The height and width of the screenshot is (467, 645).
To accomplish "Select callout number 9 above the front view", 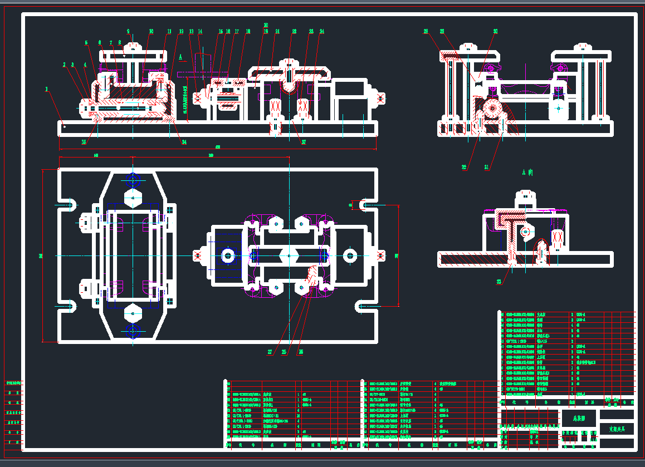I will [129, 32].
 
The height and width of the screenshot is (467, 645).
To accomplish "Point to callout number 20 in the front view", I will [266, 26].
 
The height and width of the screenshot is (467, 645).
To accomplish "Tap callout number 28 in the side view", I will [442, 32].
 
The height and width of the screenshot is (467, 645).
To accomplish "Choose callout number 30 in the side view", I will [495, 32].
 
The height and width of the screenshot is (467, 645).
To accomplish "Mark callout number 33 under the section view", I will [499, 282].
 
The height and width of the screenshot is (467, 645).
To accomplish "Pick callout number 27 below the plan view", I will [270, 352].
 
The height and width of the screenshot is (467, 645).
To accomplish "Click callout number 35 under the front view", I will [84, 142].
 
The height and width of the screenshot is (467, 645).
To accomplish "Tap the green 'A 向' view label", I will [527, 173].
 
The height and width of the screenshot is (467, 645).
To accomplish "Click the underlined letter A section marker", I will [181, 57].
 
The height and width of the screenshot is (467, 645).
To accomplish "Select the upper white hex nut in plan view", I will [133, 198].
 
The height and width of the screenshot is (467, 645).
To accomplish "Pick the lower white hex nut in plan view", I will [133, 313].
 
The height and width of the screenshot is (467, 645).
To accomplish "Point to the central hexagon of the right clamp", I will [284, 255].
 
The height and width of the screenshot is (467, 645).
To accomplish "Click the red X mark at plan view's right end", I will [381, 255].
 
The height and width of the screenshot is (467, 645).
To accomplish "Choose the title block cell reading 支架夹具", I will [617, 429].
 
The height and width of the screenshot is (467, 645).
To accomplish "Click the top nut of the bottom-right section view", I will [525, 196].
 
